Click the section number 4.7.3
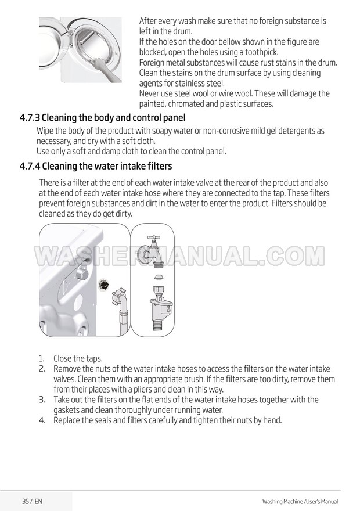coord(30,117)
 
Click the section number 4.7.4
coord(30,166)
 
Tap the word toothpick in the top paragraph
coord(261,52)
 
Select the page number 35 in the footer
coord(26,501)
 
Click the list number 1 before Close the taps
coord(41,358)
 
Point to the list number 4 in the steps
coord(42,420)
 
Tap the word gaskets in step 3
coord(66,410)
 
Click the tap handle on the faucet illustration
coord(154,238)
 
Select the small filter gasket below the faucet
coord(159,277)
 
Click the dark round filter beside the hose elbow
coord(103,284)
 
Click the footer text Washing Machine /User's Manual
coord(300,502)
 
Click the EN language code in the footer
coord(38,501)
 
